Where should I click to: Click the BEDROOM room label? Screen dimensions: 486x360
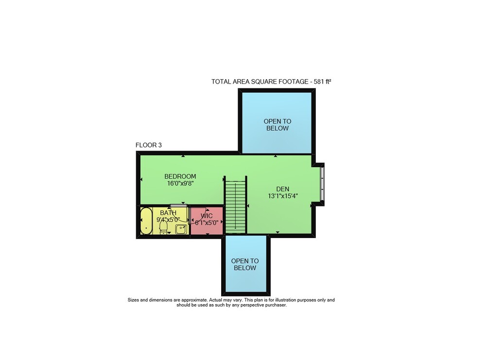[x=180, y=176]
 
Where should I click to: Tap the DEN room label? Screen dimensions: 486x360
[x=283, y=189]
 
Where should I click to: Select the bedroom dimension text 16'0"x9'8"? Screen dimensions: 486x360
[x=180, y=184]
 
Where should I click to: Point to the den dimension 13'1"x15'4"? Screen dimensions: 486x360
[x=283, y=196]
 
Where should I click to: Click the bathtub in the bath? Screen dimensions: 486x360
[x=146, y=221]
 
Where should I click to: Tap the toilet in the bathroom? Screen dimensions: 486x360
[x=163, y=227]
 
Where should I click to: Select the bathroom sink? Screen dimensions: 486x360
[x=181, y=229]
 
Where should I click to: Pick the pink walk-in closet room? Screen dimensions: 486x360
[x=207, y=221]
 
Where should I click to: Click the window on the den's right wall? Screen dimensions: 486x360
[x=322, y=184]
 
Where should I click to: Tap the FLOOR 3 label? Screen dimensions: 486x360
[x=148, y=145]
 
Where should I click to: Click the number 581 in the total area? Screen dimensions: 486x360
[x=319, y=82]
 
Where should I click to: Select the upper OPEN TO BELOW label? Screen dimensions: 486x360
[x=278, y=125]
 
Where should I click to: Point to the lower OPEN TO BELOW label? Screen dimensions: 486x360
[x=245, y=265]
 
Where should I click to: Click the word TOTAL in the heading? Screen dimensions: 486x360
[x=221, y=82]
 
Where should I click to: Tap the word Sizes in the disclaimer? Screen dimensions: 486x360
[x=133, y=300]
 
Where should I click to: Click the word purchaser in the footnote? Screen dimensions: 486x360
[x=275, y=305]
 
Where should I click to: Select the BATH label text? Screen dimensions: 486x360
[x=168, y=213]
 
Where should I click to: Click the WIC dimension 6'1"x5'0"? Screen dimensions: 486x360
[x=207, y=223]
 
